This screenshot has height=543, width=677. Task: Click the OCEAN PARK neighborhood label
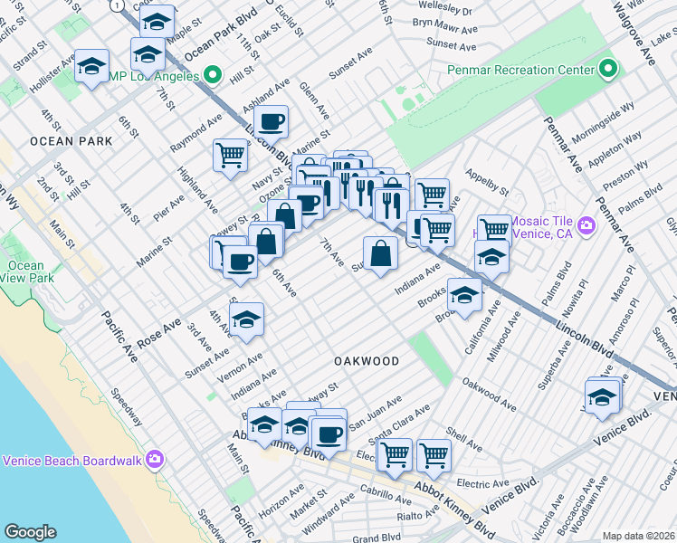click(71, 141)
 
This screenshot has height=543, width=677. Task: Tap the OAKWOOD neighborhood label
click(367, 361)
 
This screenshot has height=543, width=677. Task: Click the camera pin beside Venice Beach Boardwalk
click(153, 461)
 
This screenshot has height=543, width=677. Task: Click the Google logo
click(30, 531)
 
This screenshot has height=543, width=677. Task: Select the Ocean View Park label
click(25, 272)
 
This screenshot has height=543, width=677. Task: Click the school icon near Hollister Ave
click(91, 66)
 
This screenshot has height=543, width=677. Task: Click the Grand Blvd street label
click(377, 537)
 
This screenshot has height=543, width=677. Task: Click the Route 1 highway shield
click(116, 5)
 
